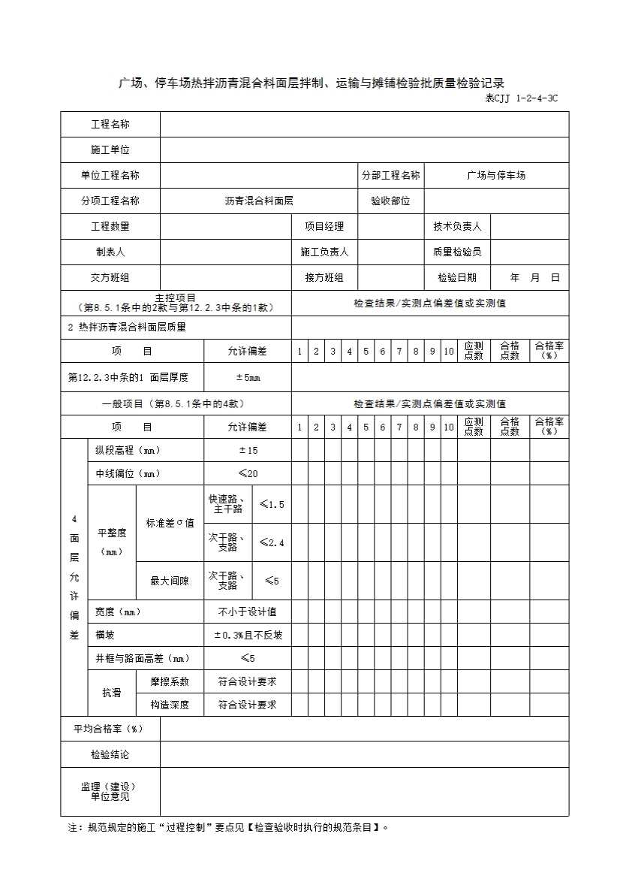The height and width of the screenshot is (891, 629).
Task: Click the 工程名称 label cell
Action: coord(110,125)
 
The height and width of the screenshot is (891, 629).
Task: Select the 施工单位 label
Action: coord(110,150)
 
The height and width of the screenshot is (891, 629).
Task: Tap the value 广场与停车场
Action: coord(495,176)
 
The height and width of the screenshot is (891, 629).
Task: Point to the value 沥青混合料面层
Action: coord(258,201)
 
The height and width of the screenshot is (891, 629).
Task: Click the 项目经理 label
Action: coord(324,227)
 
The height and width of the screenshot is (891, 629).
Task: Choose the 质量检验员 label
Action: coord(457,252)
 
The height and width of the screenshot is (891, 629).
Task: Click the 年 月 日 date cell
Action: coord(534,278)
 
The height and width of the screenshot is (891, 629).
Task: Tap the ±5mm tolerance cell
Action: coord(248,378)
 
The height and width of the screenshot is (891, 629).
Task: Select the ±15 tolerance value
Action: coord(248,451)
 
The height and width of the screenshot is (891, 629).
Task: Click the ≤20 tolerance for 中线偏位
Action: coord(248,474)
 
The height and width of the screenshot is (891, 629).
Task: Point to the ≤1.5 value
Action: coord(272,505)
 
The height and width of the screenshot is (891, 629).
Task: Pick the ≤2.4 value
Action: coord(272,543)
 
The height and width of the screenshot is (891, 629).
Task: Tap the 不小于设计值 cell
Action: coord(248,612)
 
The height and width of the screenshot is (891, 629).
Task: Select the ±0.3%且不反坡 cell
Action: coord(248,636)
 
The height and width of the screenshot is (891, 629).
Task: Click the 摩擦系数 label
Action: coord(170,682)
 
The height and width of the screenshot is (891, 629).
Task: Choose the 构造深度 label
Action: coord(170,705)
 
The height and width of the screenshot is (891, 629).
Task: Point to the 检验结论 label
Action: coord(110,755)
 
